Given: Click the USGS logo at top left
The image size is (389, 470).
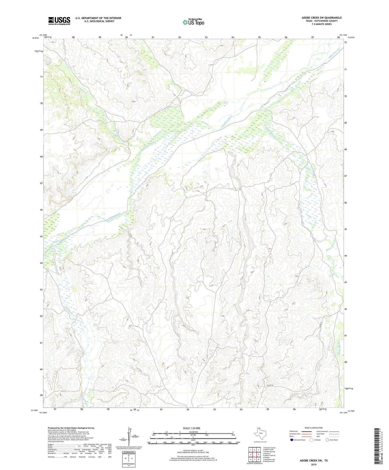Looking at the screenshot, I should pyautogui.click(x=59, y=21).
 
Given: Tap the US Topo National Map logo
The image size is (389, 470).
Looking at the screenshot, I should pyautogui.click(x=193, y=22).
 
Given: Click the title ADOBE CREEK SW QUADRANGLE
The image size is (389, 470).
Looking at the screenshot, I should pyautogui.click(x=321, y=18).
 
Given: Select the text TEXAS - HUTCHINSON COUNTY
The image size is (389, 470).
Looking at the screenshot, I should pyautogui.click(x=321, y=21).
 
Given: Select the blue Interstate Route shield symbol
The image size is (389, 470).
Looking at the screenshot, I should pyautogui.click(x=292, y=440).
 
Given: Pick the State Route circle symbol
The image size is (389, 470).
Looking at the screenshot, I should pyautogui.click(x=327, y=440).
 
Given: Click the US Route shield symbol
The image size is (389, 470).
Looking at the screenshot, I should pyautogui.click(x=312, y=440).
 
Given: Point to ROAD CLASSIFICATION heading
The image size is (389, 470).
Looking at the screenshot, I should pyautogui.click(x=314, y=428).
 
